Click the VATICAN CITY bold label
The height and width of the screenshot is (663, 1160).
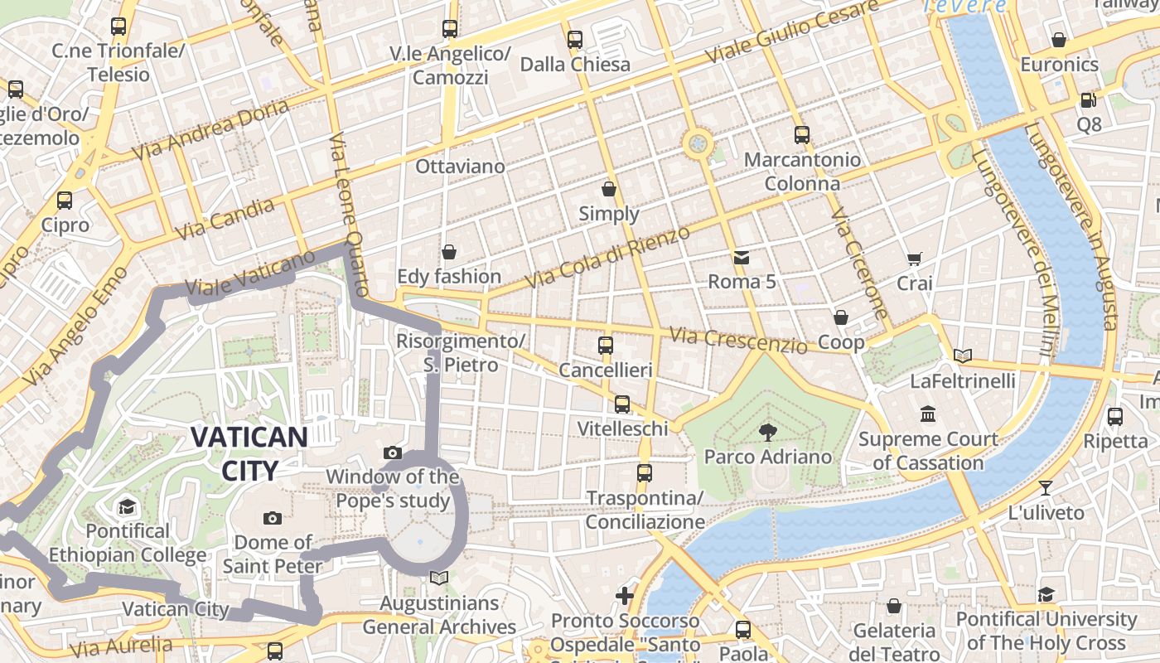249,452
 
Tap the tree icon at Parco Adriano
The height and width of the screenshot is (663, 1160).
768,431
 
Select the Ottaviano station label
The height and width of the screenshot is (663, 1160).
460,167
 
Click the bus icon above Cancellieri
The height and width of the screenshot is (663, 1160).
606,345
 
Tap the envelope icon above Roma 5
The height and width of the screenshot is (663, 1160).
742,257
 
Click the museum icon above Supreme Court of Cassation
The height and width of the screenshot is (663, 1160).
928,414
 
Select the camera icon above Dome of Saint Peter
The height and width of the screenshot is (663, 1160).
272,519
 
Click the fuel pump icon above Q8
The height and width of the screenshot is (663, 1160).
1088,100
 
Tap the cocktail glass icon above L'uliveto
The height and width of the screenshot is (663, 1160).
1046,487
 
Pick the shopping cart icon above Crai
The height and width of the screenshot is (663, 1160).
914,259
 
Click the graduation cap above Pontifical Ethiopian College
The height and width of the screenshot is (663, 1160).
127,506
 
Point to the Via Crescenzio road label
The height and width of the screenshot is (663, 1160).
737,340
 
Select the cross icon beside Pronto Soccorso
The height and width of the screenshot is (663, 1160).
625,596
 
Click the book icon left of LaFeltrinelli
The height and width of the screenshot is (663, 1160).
962,356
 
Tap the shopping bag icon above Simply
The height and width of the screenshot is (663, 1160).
609,189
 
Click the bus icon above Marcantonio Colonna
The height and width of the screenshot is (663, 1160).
801,134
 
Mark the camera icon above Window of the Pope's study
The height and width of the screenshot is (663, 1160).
393,452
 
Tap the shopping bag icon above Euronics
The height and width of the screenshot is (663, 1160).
1058,40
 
